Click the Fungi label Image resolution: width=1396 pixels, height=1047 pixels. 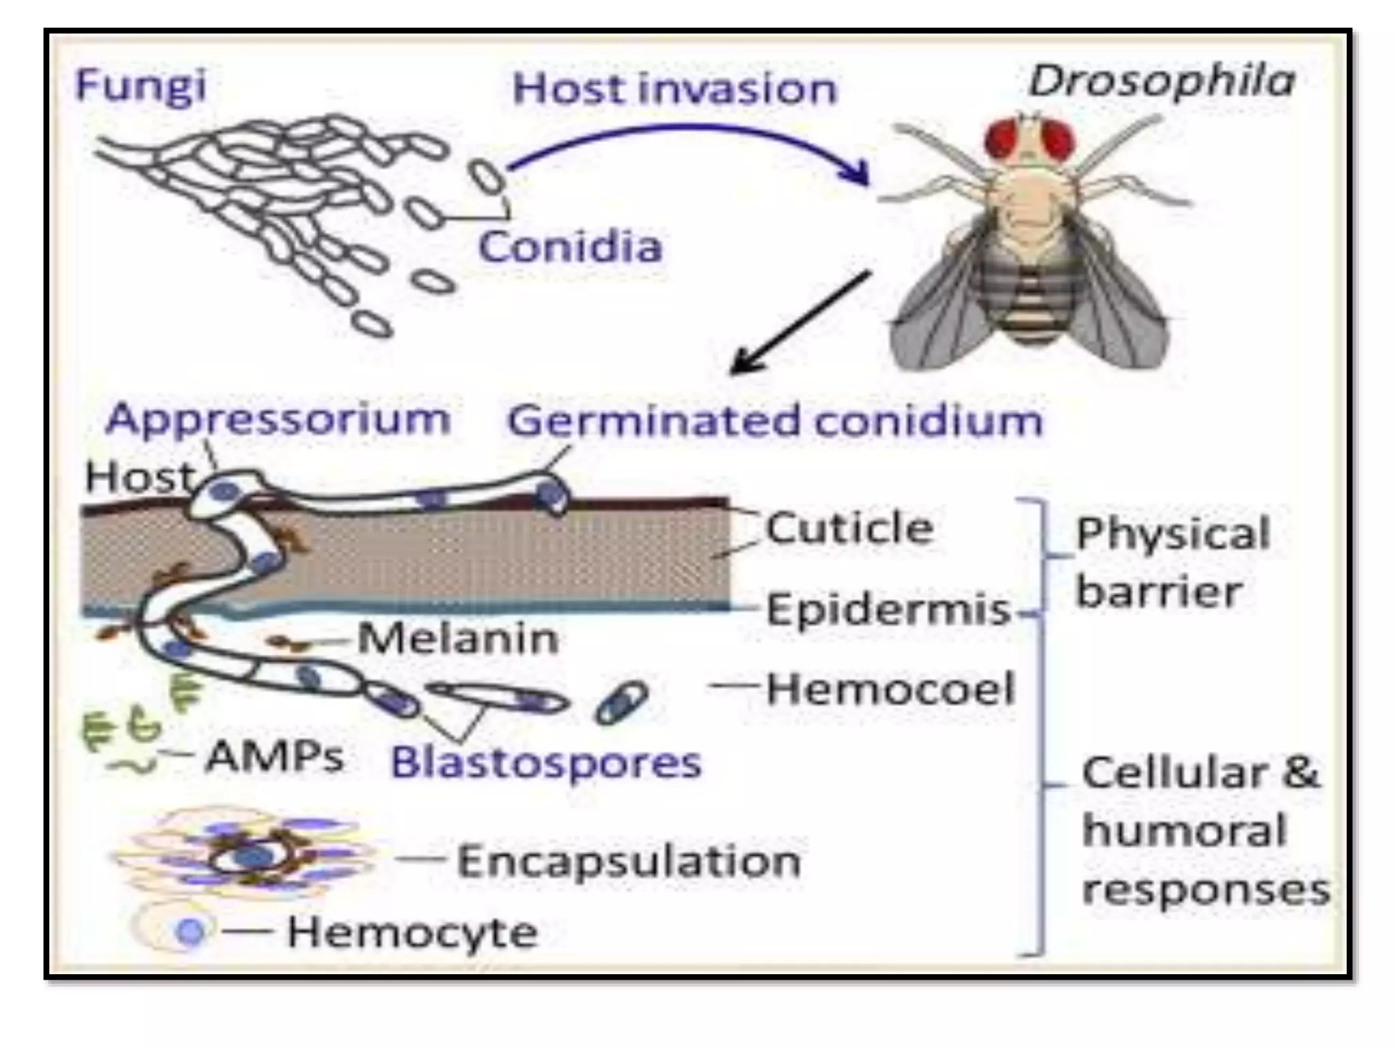click(x=140, y=87)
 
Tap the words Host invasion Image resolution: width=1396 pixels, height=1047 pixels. click(x=673, y=89)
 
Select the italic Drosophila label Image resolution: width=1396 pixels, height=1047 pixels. click(x=1161, y=82)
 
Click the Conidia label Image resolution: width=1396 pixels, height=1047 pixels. click(x=570, y=247)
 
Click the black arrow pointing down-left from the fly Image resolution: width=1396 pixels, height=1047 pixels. click(x=801, y=322)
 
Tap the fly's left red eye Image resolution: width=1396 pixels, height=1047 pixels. click(x=1004, y=140)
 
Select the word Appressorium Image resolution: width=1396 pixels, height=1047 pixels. click(x=278, y=419)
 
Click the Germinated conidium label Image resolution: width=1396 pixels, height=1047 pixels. click(x=775, y=421)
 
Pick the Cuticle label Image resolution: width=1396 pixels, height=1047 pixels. click(x=849, y=528)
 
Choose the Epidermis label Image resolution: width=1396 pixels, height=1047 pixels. click(x=887, y=609)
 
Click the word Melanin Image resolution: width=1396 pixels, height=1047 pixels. click(x=457, y=639)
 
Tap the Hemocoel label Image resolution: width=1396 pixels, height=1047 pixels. click(x=890, y=688)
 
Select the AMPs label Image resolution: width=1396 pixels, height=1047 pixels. click(x=275, y=756)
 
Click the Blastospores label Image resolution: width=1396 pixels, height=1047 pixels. click(x=546, y=762)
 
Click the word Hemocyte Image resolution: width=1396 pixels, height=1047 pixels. click(x=412, y=932)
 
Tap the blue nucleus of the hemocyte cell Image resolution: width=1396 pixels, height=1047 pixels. click(x=190, y=931)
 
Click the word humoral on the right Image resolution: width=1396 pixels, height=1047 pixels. click(x=1184, y=831)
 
